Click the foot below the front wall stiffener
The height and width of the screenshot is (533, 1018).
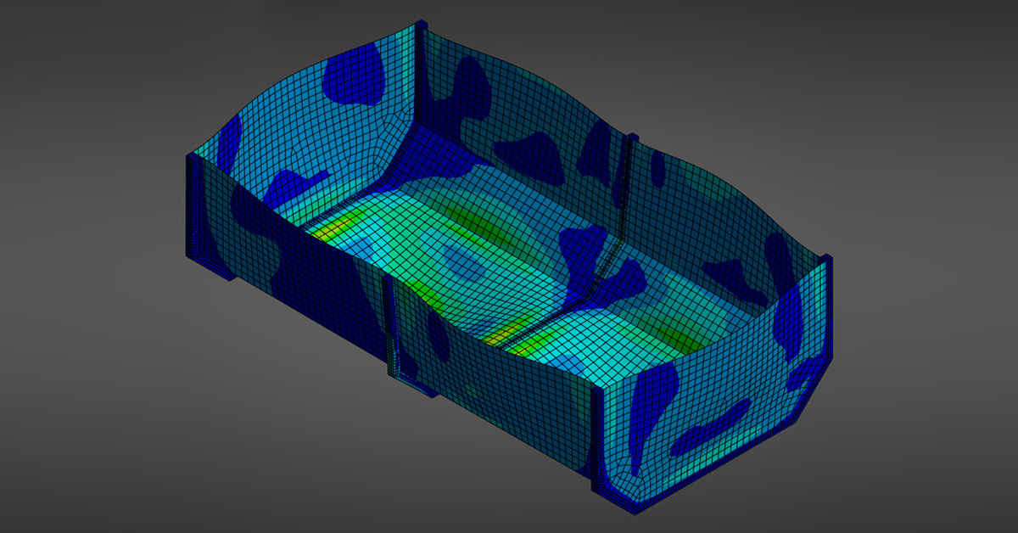(416, 386)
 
